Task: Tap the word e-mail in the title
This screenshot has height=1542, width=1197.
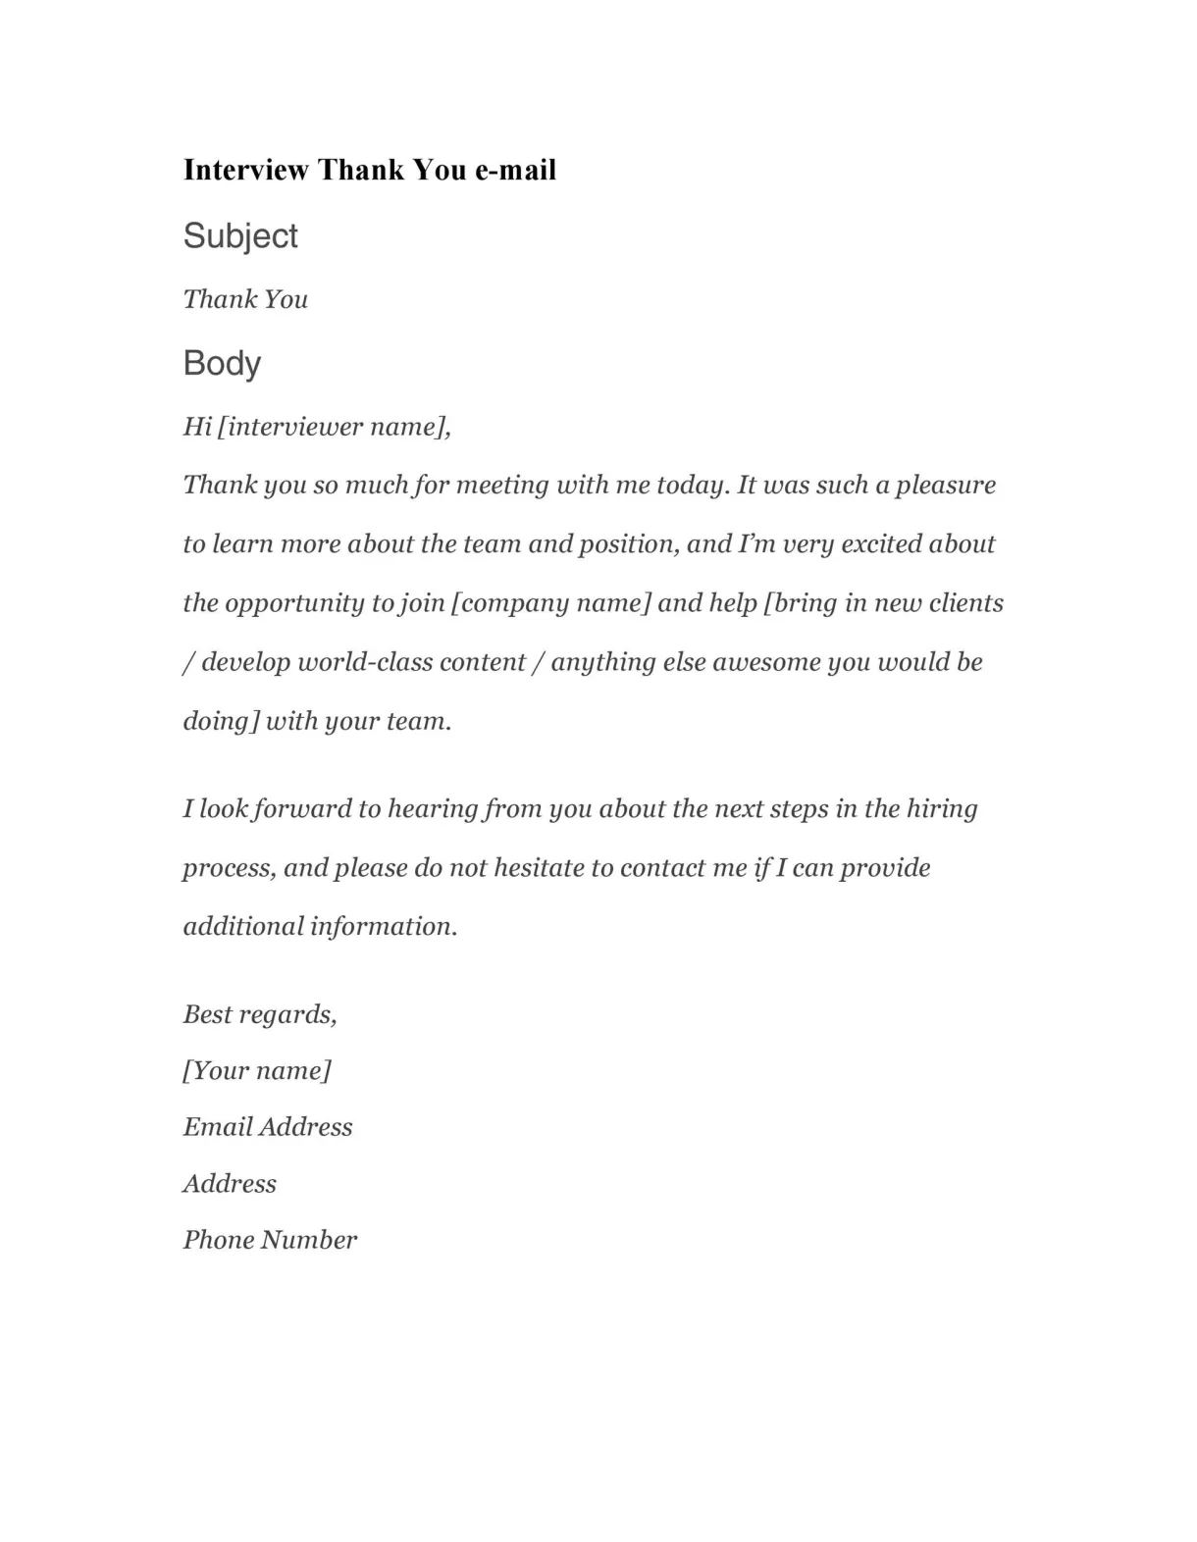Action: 515,170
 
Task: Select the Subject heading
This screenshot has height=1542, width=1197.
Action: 240,236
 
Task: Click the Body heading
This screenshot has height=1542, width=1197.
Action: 222,364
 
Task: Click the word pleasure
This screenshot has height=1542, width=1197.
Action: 946,486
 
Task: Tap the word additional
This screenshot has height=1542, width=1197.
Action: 242,927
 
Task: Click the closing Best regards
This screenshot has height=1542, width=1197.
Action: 260,1014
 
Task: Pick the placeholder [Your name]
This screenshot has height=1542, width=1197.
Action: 257,1070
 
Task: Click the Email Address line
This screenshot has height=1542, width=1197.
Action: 268,1127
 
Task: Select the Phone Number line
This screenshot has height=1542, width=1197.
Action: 270,1240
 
